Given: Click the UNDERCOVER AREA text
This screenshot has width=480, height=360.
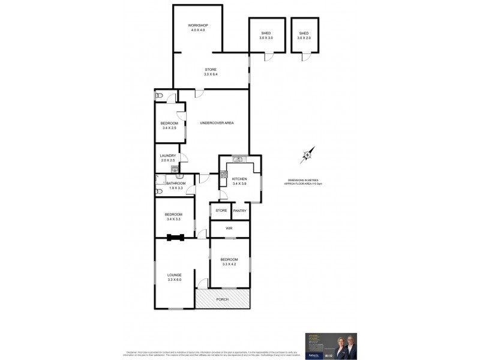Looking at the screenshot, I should pyautogui.click(x=217, y=123).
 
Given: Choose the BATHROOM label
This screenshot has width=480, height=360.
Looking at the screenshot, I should pyautogui.click(x=176, y=183).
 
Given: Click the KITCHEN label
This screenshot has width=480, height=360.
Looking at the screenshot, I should pyautogui.click(x=239, y=179).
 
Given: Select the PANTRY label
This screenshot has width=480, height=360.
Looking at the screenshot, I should pyautogui.click(x=239, y=211).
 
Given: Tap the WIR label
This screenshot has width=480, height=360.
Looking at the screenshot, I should pyautogui.click(x=229, y=229).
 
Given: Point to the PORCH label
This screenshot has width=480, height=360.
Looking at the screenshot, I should pyautogui.click(x=223, y=298).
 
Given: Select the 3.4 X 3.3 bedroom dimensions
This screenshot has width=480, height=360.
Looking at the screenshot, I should pyautogui.click(x=175, y=219).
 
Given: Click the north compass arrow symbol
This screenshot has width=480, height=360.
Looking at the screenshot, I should pyautogui.click(x=307, y=155).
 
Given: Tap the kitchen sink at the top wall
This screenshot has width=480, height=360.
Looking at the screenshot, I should pyautogui.click(x=238, y=159).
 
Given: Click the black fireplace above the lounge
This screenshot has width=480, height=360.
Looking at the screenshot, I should pyautogui.click(x=175, y=236).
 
